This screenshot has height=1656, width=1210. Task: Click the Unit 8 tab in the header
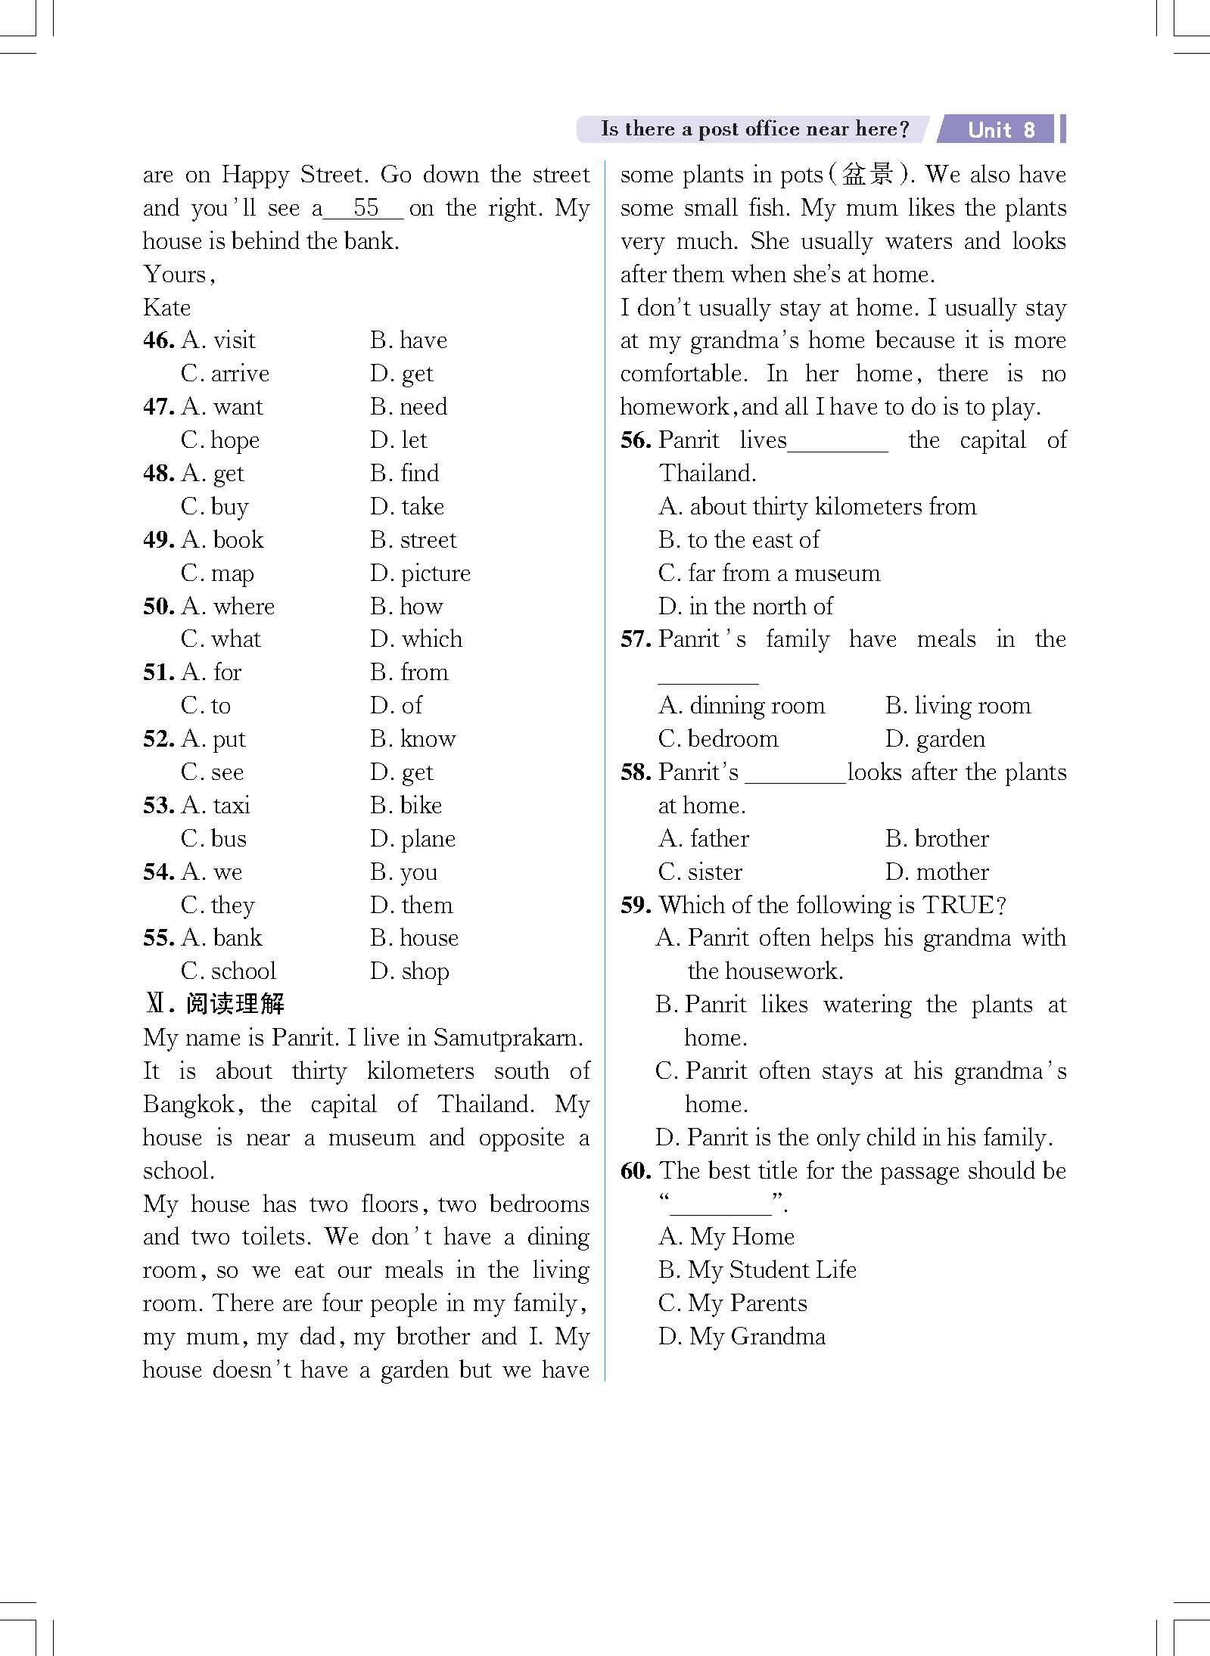pos(1000,129)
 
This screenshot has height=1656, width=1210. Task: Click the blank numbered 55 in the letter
pos(365,208)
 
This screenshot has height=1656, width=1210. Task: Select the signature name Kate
pos(166,307)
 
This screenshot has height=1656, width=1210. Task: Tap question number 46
pos(158,340)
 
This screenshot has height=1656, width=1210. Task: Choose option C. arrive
pos(225,374)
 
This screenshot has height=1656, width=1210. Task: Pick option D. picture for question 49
pos(420,573)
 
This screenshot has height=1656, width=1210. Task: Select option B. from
pos(409,673)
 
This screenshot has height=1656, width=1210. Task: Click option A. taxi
pos(216,806)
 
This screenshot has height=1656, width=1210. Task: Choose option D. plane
pos(412,839)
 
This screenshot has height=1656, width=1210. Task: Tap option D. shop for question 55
pos(409,971)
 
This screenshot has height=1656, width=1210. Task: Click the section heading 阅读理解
pos(235,1005)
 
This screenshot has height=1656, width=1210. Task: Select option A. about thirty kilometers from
pos(817,507)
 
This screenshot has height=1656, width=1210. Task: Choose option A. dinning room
pos(742,706)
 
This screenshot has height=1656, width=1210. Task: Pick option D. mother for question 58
pos(937,872)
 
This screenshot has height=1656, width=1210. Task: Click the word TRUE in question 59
pos(958,906)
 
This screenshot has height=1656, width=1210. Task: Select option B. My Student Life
pos(757,1270)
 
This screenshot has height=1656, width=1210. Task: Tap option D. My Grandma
pos(742,1337)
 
